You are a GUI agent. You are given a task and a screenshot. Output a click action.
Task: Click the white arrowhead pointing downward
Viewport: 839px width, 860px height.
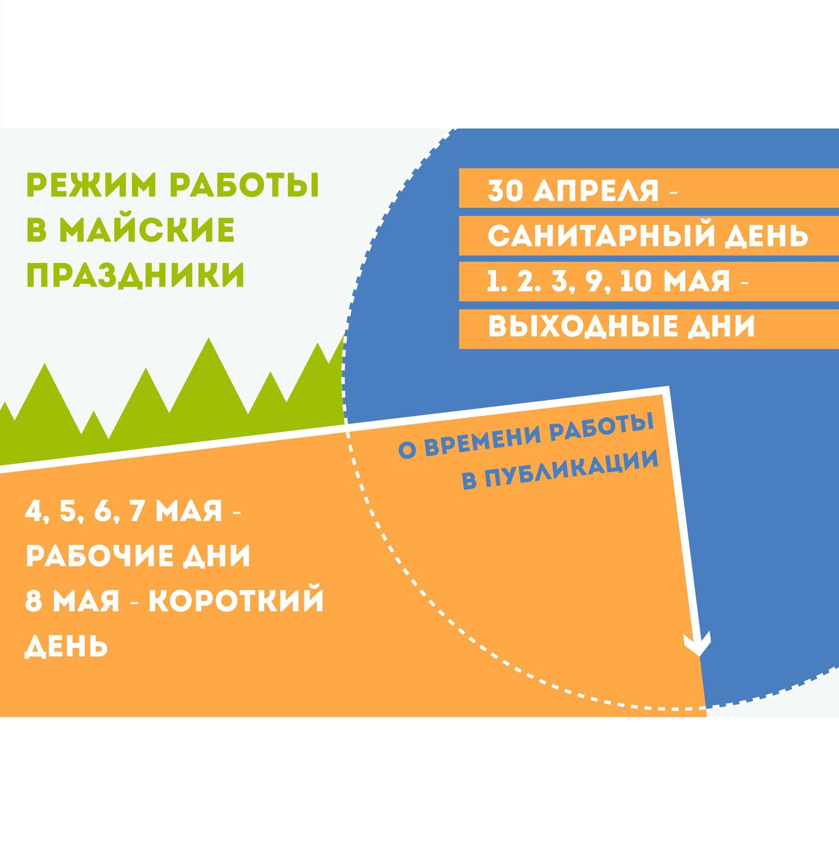tap(698, 645)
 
